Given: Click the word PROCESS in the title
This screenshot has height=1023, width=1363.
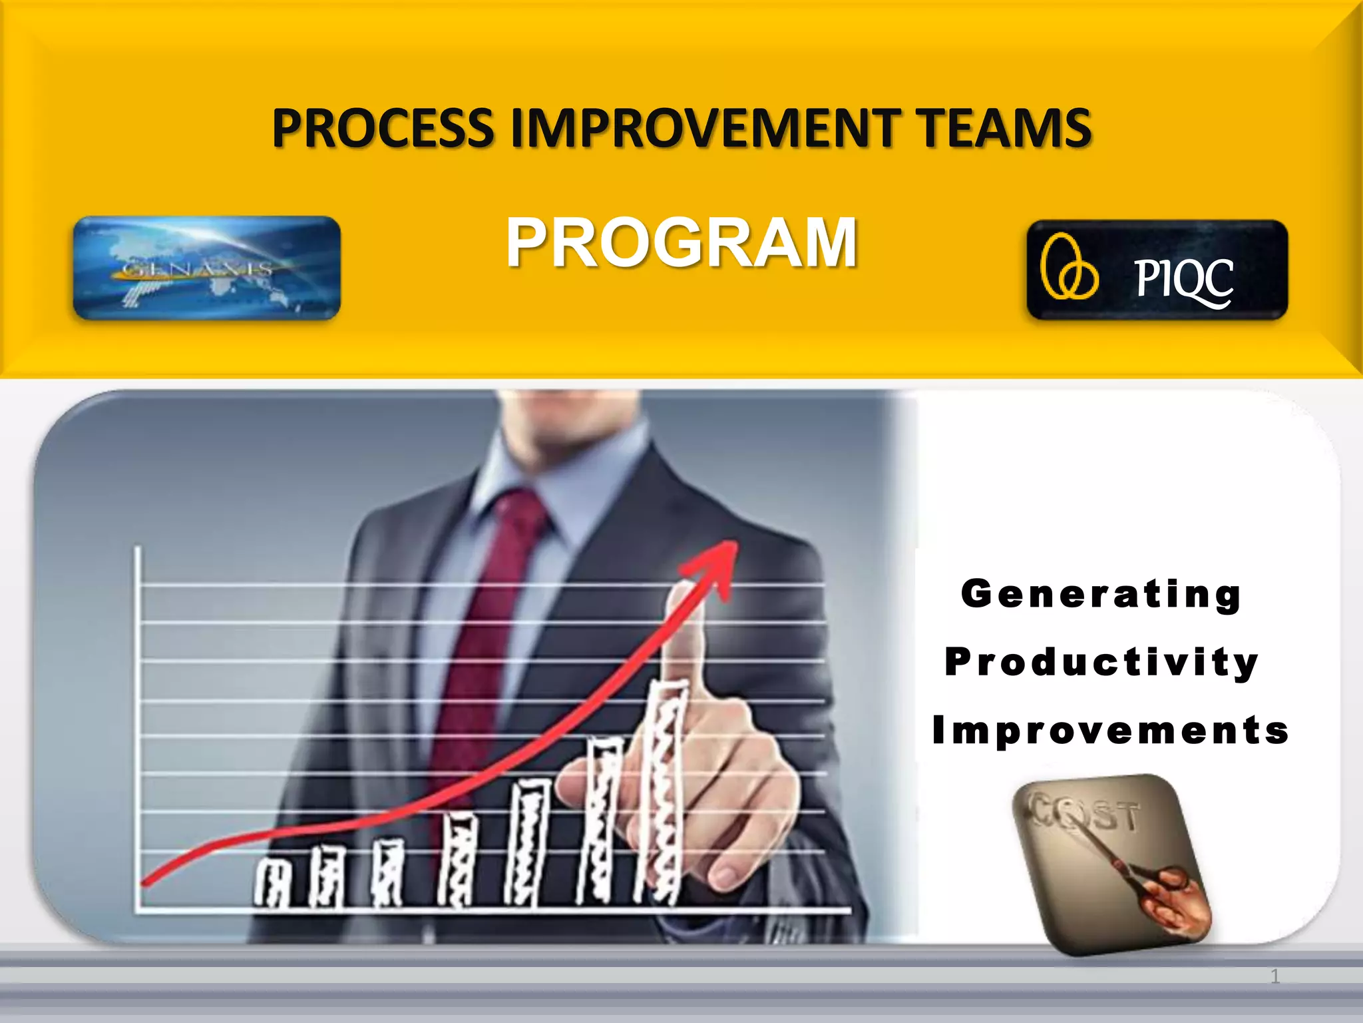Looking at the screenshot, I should pyautogui.click(x=383, y=128).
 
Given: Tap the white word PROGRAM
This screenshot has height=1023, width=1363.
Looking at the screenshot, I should pyautogui.click(x=681, y=243).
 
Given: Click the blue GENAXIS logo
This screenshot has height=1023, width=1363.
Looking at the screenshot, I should pyautogui.click(x=206, y=268).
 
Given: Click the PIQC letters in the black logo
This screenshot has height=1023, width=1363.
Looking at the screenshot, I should pyautogui.click(x=1183, y=280).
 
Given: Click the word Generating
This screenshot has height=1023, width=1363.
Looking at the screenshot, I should pyautogui.click(x=1101, y=594).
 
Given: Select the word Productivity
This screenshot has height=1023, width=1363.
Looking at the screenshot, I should pyautogui.click(x=1101, y=663).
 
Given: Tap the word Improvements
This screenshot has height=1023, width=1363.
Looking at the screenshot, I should pyautogui.click(x=1110, y=731).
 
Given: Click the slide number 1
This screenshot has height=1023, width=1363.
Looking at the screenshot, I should pyautogui.click(x=1274, y=977).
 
